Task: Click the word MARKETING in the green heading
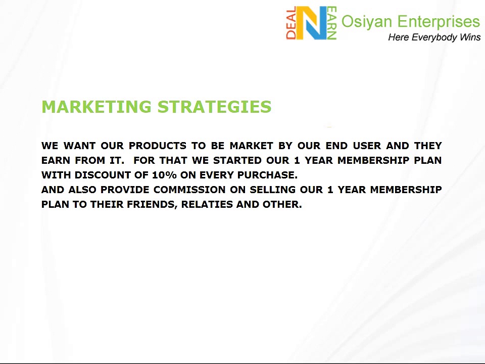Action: point(96,107)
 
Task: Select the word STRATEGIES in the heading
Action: point(215,107)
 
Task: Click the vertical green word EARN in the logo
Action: point(332,23)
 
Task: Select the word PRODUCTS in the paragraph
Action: point(158,146)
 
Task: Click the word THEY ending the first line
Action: point(428,146)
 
